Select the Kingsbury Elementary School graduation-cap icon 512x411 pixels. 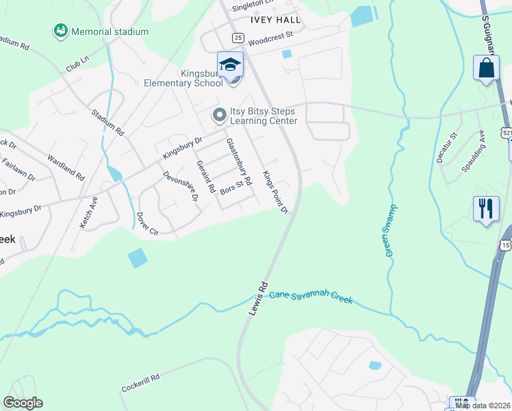230,65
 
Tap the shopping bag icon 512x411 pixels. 486,68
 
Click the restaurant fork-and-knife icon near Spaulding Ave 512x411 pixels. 486,208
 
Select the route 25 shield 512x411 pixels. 238,37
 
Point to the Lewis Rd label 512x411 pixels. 257,297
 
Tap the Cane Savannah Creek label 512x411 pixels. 311,297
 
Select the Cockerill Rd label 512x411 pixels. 140,382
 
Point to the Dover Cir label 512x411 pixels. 148,224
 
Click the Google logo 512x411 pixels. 23,403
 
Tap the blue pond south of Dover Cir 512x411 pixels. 137,258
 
